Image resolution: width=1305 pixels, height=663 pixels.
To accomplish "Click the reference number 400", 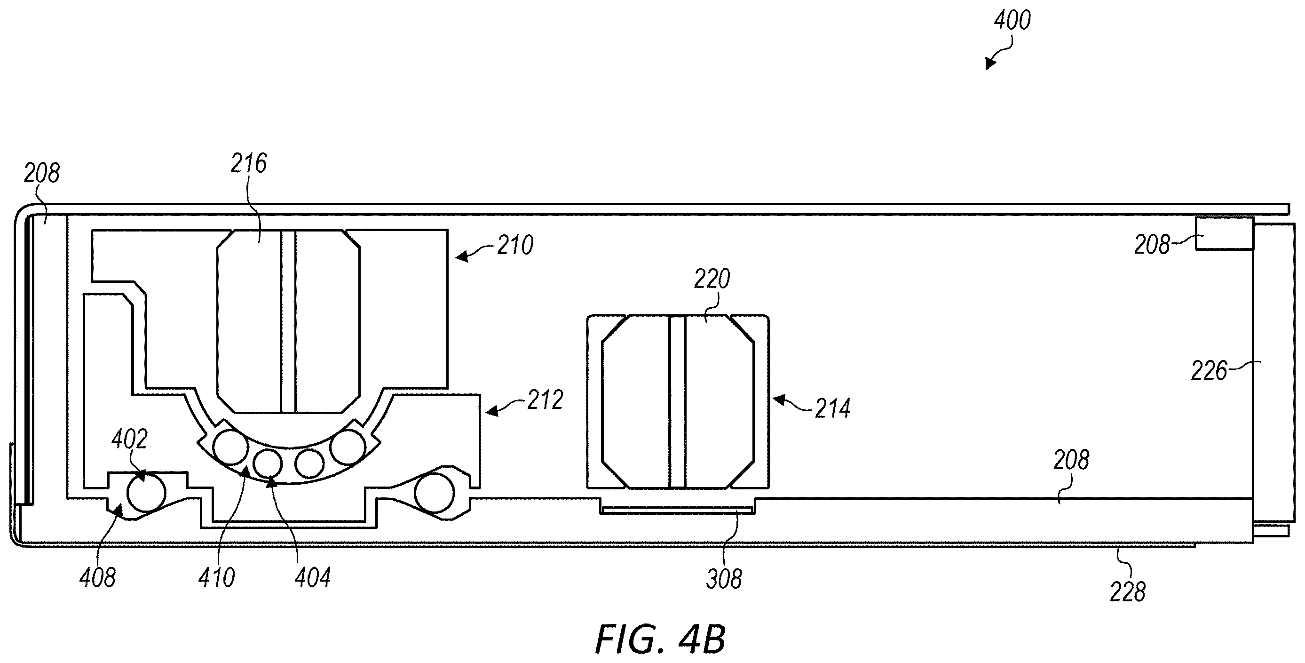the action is click(1012, 21).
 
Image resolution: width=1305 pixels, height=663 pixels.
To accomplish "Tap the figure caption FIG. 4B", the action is click(660, 639).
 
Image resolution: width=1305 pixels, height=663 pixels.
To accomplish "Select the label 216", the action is click(249, 164).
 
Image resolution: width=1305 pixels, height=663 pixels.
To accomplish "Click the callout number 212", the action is click(545, 400).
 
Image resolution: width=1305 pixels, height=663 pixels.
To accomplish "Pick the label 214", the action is click(833, 408).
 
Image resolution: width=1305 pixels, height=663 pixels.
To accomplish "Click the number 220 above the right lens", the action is click(712, 279).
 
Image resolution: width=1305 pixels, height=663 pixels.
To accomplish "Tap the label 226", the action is click(1209, 371).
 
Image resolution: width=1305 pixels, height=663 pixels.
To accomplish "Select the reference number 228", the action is click(1128, 591).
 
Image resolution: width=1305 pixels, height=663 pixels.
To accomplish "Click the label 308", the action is click(724, 579).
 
